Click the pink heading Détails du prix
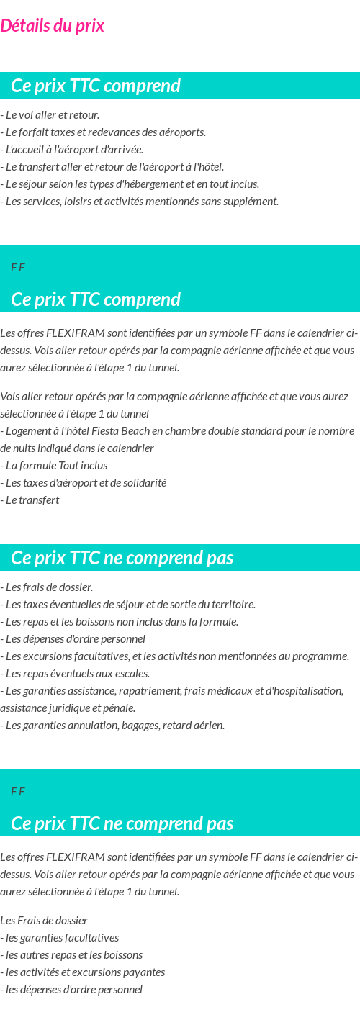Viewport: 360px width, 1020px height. click(53, 26)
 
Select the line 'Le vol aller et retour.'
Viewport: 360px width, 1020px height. click(50, 115)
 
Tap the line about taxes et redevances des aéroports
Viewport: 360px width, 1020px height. click(104, 132)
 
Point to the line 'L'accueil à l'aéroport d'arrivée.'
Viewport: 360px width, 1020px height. click(72, 150)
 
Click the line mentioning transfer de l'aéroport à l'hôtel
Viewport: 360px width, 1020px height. click(112, 167)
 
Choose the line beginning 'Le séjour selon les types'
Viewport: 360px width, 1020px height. click(130, 184)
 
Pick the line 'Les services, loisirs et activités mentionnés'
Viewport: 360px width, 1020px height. click(140, 202)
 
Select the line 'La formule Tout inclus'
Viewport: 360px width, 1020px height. click(54, 466)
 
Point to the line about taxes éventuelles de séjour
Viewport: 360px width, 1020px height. click(128, 605)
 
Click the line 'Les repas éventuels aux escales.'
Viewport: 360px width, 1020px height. click(75, 674)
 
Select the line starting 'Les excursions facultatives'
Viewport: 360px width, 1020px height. click(175, 656)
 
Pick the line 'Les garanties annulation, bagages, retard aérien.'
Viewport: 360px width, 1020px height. click(113, 726)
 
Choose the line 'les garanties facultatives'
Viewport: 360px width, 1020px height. click(60, 938)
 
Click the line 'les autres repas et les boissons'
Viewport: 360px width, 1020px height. click(71, 955)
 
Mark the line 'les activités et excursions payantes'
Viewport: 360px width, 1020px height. click(83, 972)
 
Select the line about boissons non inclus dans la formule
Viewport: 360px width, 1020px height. click(120, 622)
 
